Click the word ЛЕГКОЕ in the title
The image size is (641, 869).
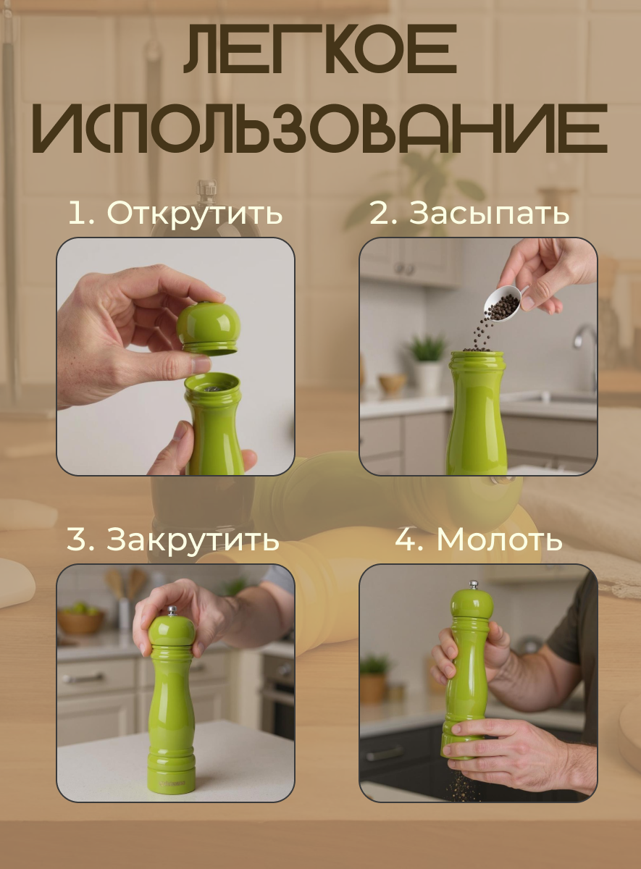pyautogui.click(x=320, y=51)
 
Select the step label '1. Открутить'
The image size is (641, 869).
pyautogui.click(x=175, y=214)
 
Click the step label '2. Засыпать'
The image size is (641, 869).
pyautogui.click(x=469, y=214)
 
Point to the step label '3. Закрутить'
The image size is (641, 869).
pyautogui.click(x=173, y=540)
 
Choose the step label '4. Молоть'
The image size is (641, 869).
pyautogui.click(x=479, y=540)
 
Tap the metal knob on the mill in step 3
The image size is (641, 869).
pyautogui.click(x=172, y=610)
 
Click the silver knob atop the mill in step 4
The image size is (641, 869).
pyautogui.click(x=473, y=584)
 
